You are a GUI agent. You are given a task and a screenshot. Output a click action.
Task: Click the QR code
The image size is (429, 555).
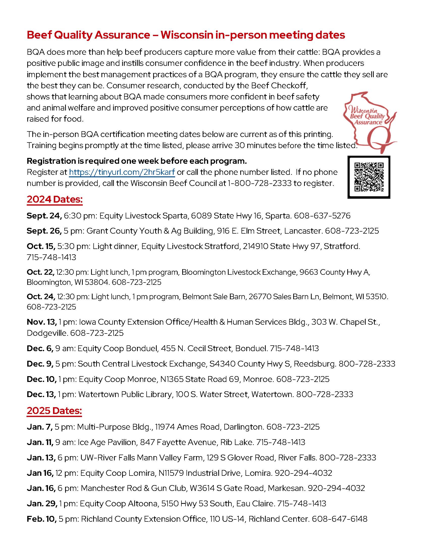pyautogui.click(x=368, y=177)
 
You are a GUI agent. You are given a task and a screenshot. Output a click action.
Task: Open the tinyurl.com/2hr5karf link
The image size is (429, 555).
pyautogui.click(x=122, y=172)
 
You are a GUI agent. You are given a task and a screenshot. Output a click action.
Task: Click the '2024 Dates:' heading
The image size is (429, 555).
pyautogui.click(x=55, y=199)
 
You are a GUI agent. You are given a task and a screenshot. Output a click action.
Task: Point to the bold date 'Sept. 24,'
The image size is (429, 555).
pyautogui.click(x=44, y=216)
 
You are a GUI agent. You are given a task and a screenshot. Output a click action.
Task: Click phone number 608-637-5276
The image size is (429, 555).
pyautogui.click(x=322, y=216)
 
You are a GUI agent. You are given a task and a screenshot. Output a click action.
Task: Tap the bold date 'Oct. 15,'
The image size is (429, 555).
pyautogui.click(x=41, y=246)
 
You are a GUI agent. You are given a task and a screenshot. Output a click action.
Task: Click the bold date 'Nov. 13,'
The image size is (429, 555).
pyautogui.click(x=42, y=322)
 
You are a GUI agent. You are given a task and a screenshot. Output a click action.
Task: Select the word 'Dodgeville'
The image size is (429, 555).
pyautogui.click(x=47, y=333)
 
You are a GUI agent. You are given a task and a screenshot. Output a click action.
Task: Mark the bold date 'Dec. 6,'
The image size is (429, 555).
pyautogui.click(x=40, y=348)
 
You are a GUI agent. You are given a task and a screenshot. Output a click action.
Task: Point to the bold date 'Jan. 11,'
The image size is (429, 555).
pyautogui.click(x=40, y=442)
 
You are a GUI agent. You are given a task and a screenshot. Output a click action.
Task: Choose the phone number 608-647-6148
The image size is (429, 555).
pyautogui.click(x=339, y=519)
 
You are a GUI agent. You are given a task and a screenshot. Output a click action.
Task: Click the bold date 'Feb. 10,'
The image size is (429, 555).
pyautogui.click(x=42, y=519)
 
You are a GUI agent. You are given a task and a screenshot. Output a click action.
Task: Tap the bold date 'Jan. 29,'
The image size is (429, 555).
pyautogui.click(x=42, y=504)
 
